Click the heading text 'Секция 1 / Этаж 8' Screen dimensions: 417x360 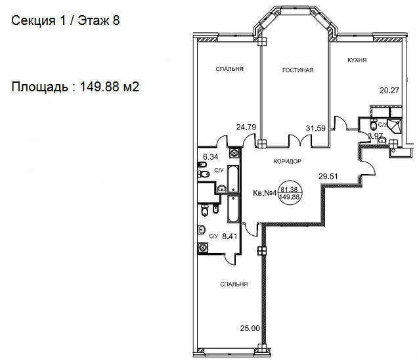[66, 20]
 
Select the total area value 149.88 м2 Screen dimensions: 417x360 [110, 87]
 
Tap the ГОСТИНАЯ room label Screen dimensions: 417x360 [297, 70]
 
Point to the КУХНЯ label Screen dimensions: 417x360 [357, 60]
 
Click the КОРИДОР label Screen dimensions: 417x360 [288, 161]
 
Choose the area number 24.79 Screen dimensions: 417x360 [246, 127]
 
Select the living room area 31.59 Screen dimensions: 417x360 [315, 128]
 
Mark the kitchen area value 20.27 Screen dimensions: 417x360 [389, 91]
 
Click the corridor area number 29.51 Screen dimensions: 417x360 [328, 176]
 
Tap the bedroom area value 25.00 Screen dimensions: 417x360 [250, 328]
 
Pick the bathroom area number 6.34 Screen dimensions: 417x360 [210, 157]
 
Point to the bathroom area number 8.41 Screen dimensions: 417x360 [229, 236]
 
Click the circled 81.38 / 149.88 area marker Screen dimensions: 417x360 [290, 193]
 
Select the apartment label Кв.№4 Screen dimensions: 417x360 [265, 193]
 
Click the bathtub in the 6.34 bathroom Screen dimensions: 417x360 [234, 179]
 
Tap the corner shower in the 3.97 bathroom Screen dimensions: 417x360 [394, 125]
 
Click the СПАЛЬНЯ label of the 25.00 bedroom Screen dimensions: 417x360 [234, 284]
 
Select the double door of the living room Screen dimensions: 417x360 [300, 140]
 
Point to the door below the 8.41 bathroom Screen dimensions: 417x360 [230, 259]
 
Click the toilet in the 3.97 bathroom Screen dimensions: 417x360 [374, 124]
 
